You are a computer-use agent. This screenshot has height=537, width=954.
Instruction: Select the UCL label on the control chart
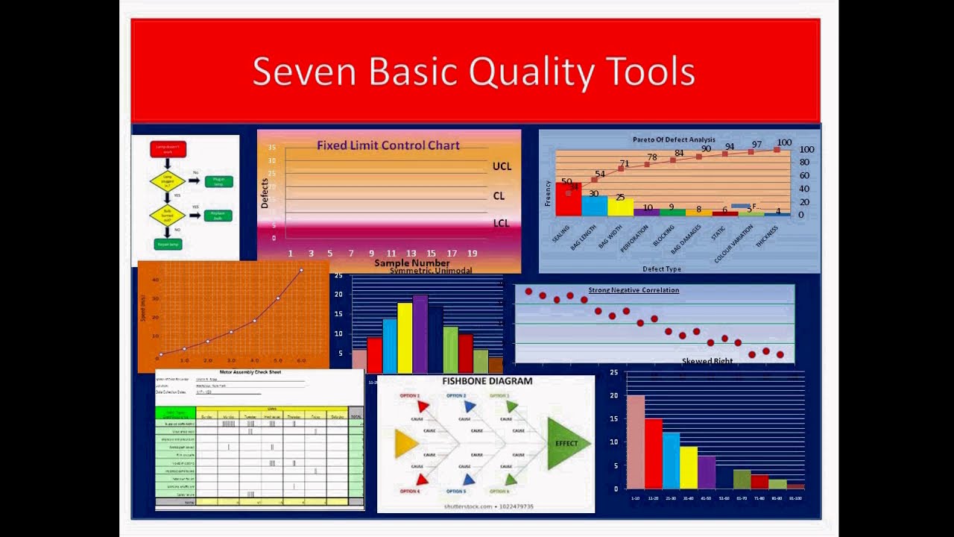click(x=502, y=166)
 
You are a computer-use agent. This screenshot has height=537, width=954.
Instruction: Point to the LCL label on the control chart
click(x=502, y=223)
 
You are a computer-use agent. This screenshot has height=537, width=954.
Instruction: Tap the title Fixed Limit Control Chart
click(x=388, y=145)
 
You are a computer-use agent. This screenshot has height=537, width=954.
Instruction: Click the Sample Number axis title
click(x=411, y=263)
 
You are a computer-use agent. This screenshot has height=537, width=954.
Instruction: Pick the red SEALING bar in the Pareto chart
click(x=567, y=199)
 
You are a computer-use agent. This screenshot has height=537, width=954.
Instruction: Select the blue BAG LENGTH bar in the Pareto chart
click(x=594, y=206)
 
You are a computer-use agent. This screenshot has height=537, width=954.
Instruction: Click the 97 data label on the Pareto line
click(x=756, y=145)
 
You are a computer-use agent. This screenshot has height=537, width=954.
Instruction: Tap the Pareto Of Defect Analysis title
click(x=674, y=139)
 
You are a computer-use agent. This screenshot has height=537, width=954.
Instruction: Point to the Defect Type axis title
click(x=661, y=268)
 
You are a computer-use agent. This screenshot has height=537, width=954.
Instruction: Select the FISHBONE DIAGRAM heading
click(x=487, y=381)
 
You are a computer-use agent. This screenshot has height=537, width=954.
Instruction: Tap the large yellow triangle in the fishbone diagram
click(x=405, y=444)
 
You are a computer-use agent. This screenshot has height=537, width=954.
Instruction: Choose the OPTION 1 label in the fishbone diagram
click(x=410, y=396)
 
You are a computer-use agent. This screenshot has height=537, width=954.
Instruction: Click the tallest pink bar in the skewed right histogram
click(x=636, y=442)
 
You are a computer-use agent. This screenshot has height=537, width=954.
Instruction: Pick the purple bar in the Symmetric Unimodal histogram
click(x=420, y=334)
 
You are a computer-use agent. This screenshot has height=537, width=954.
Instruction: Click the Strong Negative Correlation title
click(x=634, y=290)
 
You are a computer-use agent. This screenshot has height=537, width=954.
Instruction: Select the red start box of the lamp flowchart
click(x=168, y=149)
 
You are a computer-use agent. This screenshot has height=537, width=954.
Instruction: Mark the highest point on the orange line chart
click(x=301, y=270)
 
